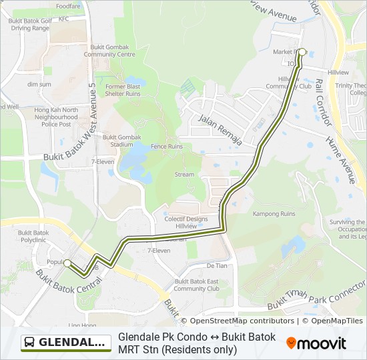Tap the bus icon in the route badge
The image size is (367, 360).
(x=30, y=343)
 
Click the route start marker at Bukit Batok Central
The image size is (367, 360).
(x=67, y=263)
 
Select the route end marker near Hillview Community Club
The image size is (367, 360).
(x=302, y=52)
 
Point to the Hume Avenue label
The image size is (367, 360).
(x=341, y=160)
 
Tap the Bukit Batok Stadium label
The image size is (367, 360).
(x=122, y=141)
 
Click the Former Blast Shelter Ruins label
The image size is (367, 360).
(x=123, y=90)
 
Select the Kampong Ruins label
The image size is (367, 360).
(x=274, y=214)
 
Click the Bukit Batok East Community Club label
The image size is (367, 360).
(x=196, y=285)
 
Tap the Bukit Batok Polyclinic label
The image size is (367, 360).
(x=33, y=236)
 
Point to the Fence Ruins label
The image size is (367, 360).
(x=166, y=147)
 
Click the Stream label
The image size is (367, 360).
(x=184, y=175)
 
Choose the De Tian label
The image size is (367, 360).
(x=217, y=265)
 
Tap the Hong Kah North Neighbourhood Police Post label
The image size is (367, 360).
(x=56, y=117)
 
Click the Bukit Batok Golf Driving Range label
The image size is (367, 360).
(x=29, y=25)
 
